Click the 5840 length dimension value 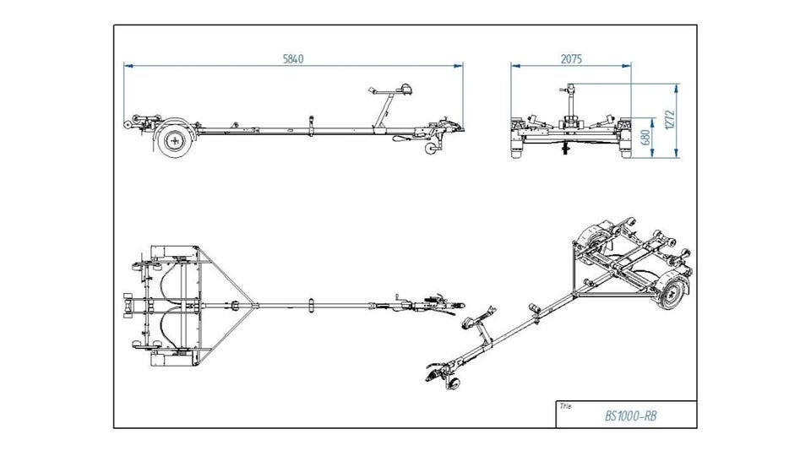pyautogui.click(x=292, y=59)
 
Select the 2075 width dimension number pyautogui.click(x=572, y=59)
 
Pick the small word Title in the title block pyautogui.click(x=565, y=405)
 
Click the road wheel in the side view pyautogui.click(x=175, y=141)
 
